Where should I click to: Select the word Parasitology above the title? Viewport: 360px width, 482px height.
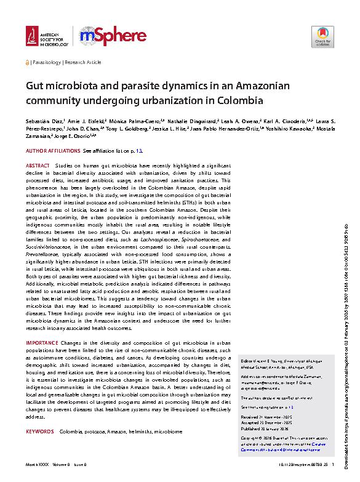pos(46,63)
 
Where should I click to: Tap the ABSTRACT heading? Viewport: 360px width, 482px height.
pos(38,167)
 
